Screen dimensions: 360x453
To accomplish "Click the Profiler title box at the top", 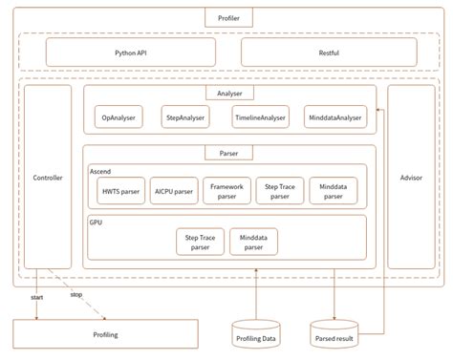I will [x=227, y=17].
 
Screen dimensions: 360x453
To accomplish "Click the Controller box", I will [x=48, y=179].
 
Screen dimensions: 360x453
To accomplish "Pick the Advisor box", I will [x=410, y=179].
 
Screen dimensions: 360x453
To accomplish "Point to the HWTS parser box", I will [x=120, y=189].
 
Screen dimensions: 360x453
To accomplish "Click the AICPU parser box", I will [x=175, y=189].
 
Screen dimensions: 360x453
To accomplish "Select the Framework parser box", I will [x=227, y=189].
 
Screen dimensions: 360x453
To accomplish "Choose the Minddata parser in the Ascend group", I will [x=334, y=189].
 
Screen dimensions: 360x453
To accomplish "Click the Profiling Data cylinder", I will [x=255, y=333].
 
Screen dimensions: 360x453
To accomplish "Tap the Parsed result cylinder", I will [x=334, y=333].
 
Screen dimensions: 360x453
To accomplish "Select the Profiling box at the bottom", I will [x=105, y=334].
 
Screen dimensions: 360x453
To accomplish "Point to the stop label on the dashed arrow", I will [x=76, y=294].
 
